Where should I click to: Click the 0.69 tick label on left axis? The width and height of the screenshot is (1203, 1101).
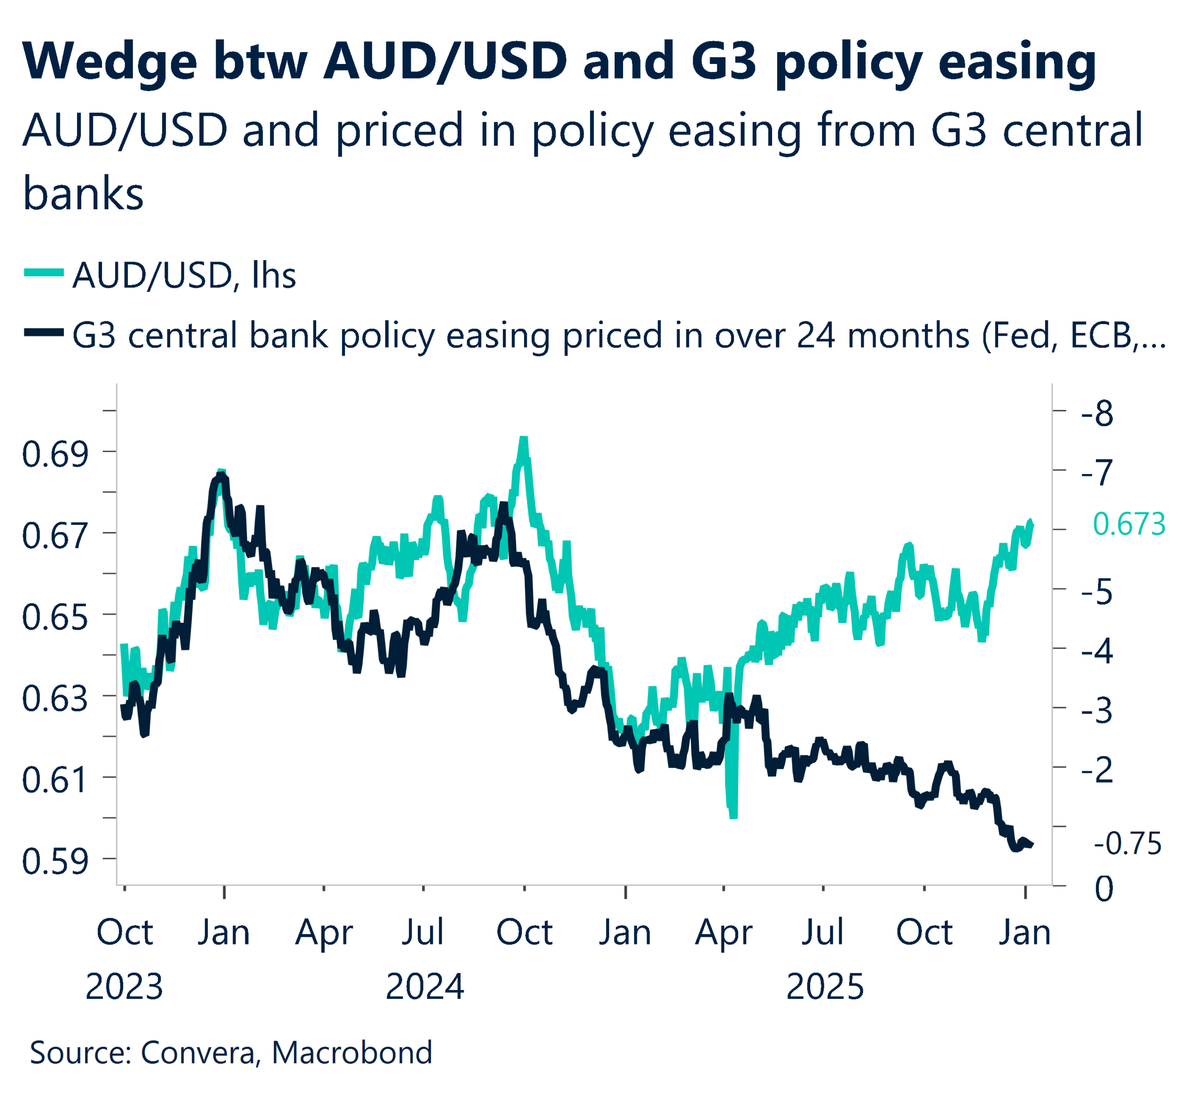[55, 454]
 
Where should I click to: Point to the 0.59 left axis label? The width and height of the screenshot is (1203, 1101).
[55, 862]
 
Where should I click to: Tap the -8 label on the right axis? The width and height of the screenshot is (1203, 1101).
[1097, 414]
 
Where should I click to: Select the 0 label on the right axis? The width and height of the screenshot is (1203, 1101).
[1104, 889]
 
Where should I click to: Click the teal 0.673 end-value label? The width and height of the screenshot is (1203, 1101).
[1128, 524]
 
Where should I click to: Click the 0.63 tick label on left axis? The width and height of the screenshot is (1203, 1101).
[55, 698]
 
